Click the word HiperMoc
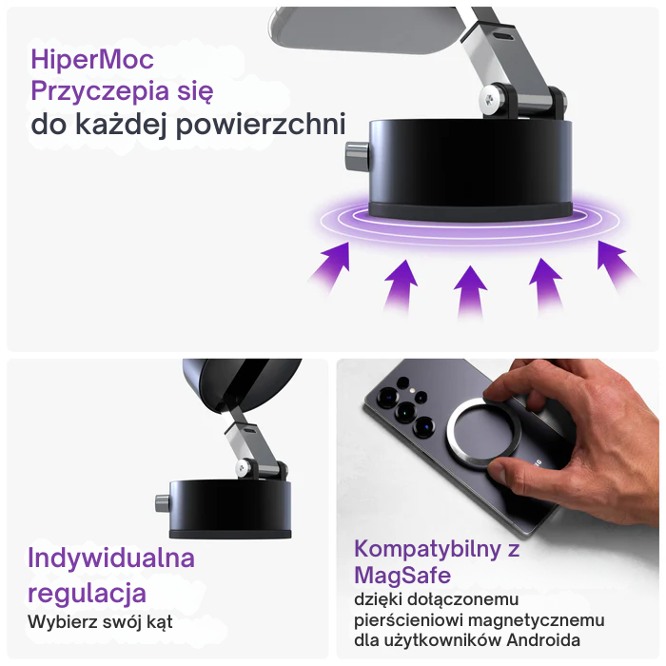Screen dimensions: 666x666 coord(92,60)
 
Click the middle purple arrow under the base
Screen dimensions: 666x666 coord(469,286)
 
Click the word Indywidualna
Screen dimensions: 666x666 coord(111,558)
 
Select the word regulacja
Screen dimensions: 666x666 coord(87,593)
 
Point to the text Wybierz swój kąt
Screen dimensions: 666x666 coord(101,622)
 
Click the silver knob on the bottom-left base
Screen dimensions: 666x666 coord(162,504)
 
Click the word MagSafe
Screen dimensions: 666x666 coord(402,576)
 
